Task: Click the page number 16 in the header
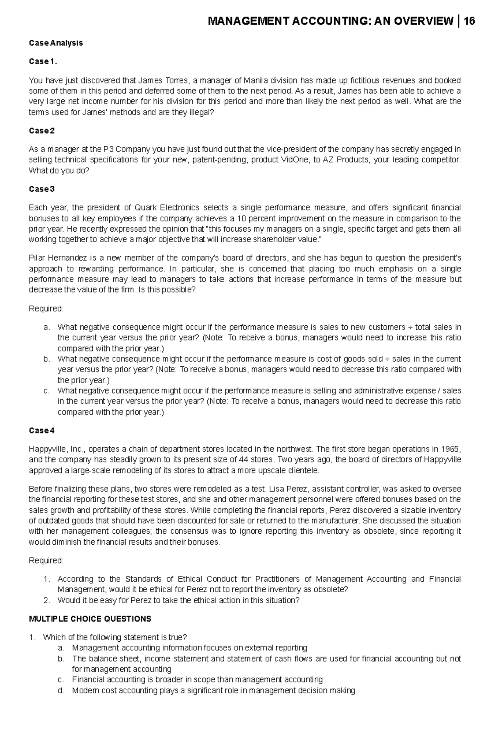coord(469,21)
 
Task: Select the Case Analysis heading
coord(56,43)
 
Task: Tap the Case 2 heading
coord(41,131)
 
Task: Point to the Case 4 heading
coord(41,431)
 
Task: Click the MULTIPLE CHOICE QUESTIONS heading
coord(90,619)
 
